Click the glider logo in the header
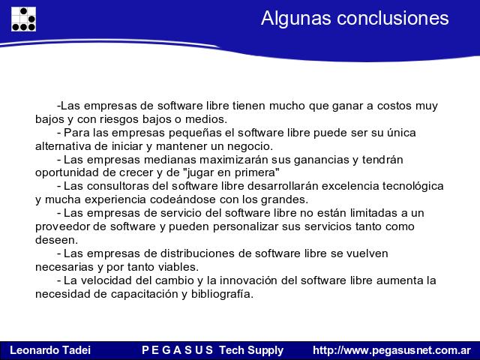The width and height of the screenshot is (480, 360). pos(23,19)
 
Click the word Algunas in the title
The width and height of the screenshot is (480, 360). pos(296,18)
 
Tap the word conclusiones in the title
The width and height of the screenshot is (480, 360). pos(393,18)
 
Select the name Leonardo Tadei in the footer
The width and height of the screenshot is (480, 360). pos(50,350)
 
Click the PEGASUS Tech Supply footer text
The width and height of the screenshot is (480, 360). pos(213,350)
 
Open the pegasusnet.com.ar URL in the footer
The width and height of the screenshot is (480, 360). pos(391,350)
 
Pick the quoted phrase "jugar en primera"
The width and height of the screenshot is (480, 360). pos(232,173)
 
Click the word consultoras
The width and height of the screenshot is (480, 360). pos(127,186)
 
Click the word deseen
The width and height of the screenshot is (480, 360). pos(56,240)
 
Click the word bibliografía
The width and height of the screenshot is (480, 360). pos(222,294)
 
